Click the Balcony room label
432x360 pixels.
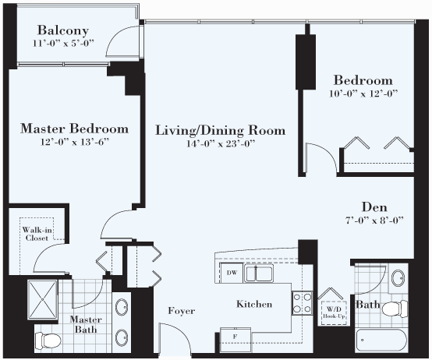pyautogui.click(x=63, y=31)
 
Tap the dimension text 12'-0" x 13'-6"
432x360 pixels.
pyautogui.click(x=75, y=142)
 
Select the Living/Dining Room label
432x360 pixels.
pyautogui.click(x=221, y=130)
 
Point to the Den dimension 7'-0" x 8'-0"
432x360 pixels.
pyautogui.click(x=375, y=221)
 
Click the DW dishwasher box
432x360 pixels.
pyautogui.click(x=232, y=273)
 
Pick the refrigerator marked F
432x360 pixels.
pyautogui.click(x=235, y=339)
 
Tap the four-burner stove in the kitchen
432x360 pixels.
pyautogui.click(x=303, y=303)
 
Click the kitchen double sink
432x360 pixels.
pyautogui.click(x=259, y=273)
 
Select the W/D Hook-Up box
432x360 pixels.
pyautogui.click(x=334, y=313)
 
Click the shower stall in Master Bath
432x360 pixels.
pyautogui.click(x=43, y=300)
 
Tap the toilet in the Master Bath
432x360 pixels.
pyautogui.click(x=48, y=341)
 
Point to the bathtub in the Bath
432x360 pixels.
pyautogui.click(x=381, y=341)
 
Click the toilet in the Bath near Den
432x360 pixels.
pyautogui.click(x=395, y=309)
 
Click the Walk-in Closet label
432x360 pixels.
pyautogui.click(x=37, y=234)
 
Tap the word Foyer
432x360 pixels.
pyautogui.click(x=182, y=311)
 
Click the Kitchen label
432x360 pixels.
pyautogui.click(x=254, y=304)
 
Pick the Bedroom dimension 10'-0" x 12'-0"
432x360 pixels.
pyautogui.click(x=363, y=94)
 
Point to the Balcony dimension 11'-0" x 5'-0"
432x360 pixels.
pyautogui.click(x=64, y=43)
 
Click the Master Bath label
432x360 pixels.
pyautogui.click(x=86, y=324)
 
